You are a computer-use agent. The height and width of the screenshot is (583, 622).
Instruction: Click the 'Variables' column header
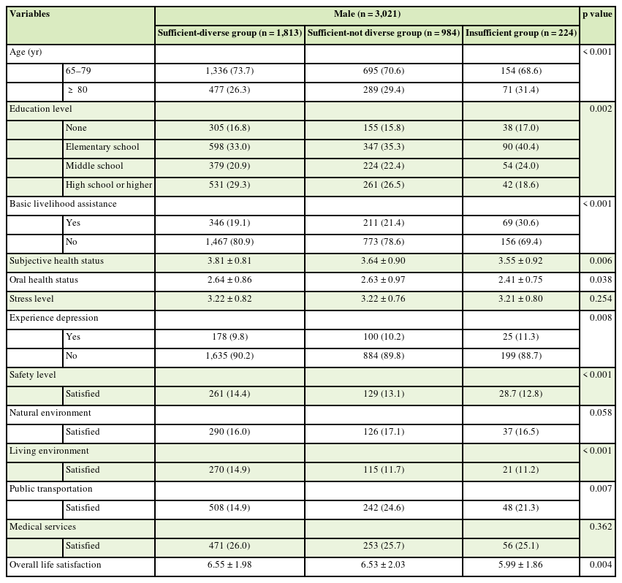pos(29,14)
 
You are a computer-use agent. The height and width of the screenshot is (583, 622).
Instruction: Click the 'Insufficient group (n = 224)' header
pos(520,33)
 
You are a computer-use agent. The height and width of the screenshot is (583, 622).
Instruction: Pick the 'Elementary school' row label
pos(102,147)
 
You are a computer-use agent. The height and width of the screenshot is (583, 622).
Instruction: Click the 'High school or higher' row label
pos(109,185)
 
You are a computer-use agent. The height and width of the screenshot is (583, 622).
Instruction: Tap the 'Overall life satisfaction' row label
pos(56,565)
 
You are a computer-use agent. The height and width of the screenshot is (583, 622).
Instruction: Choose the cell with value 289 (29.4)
pos(384,90)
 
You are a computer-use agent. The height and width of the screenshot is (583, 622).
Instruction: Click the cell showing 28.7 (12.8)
pos(520,394)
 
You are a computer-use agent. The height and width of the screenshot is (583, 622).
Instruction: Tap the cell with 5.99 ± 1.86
pos(520,565)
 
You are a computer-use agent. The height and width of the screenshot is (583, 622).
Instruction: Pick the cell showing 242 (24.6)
pos(384,508)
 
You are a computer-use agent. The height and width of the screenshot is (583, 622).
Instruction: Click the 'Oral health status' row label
pos(44,280)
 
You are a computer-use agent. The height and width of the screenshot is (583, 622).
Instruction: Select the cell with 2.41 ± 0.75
pos(520,280)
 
